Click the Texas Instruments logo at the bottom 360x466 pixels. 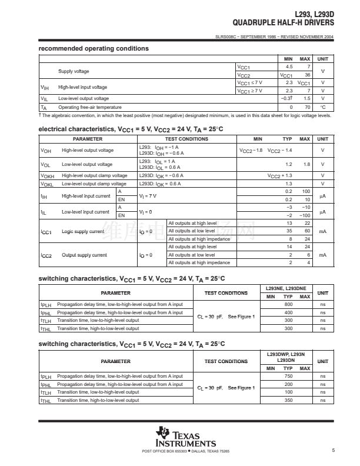pyautogui.click(x=185, y=437)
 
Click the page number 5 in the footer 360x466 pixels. pyautogui.click(x=333, y=451)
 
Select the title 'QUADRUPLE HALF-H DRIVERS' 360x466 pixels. pyautogui.click(x=283, y=22)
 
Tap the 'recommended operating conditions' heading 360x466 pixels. pyautogui.click(x=94, y=48)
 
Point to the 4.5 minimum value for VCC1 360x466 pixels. pyautogui.click(x=289, y=67)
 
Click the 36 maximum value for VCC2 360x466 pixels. pyautogui.click(x=305, y=75)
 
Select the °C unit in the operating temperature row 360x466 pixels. pyautogui.click(x=322, y=107)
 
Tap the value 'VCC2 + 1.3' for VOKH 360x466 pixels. pyautogui.click(x=280, y=175)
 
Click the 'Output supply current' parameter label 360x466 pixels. pyautogui.click(x=85, y=255)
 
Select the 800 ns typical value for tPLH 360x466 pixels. pyautogui.click(x=288, y=304)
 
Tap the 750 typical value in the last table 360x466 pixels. pyautogui.click(x=288, y=376)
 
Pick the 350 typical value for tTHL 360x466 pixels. pyautogui.click(x=288, y=400)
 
